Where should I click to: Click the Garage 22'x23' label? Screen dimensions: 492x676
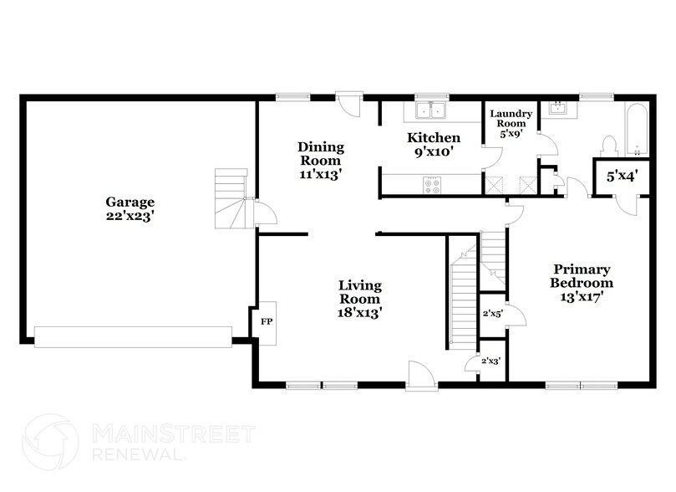click(x=130, y=208)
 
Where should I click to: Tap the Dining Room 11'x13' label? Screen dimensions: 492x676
click(x=320, y=160)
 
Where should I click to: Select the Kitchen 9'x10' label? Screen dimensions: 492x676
click(x=434, y=145)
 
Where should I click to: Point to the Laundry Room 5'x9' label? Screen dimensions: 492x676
click(x=511, y=123)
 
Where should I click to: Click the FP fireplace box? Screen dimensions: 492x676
click(x=267, y=320)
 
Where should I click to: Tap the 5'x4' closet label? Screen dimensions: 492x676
click(x=618, y=177)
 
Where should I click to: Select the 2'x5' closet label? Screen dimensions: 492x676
click(x=491, y=315)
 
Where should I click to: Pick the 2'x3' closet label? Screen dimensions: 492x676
click(x=491, y=361)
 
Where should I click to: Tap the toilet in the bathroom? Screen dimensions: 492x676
click(x=609, y=144)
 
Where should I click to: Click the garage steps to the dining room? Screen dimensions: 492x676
click(x=231, y=199)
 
